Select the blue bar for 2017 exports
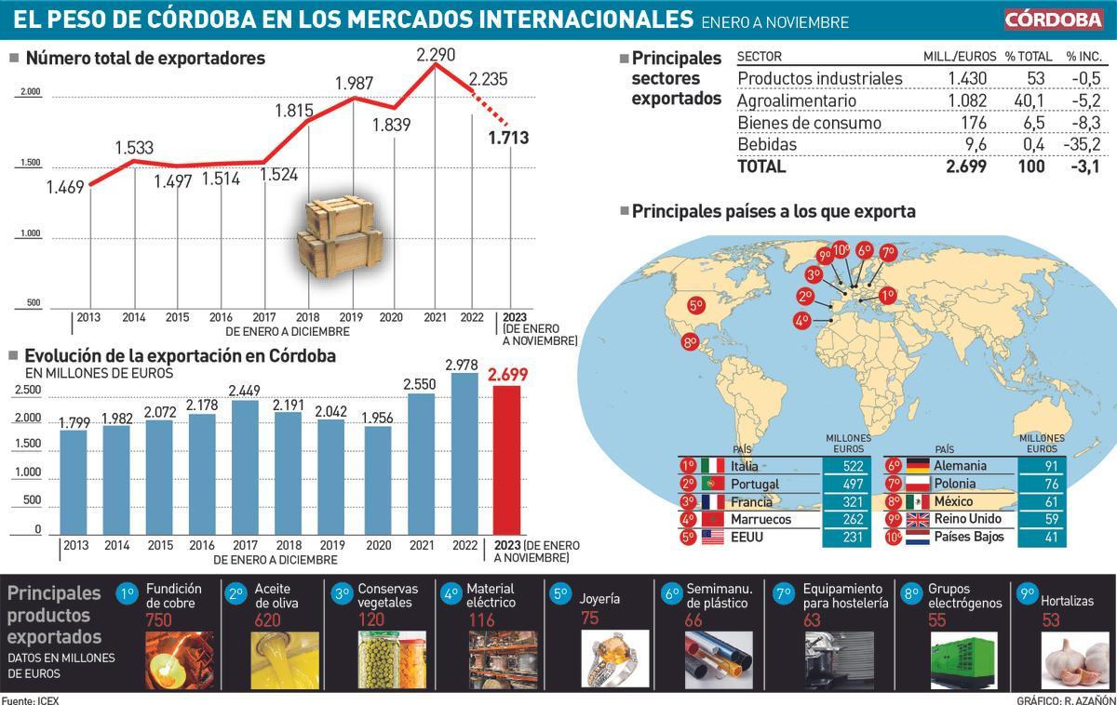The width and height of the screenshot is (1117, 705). tap(245, 469)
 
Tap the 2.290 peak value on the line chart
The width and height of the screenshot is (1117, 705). tap(436, 56)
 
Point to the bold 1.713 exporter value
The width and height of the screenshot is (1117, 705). tap(508, 139)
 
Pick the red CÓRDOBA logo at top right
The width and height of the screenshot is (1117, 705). tap(1053, 20)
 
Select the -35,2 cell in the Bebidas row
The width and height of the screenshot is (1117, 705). tap(1083, 144)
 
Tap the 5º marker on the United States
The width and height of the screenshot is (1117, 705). tap(695, 305)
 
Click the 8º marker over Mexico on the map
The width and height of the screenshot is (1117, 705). tap(690, 342)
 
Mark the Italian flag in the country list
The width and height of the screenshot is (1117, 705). tap(713, 466)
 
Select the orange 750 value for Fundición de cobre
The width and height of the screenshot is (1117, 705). tap(159, 620)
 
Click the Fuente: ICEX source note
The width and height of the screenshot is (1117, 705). tap(30, 698)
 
